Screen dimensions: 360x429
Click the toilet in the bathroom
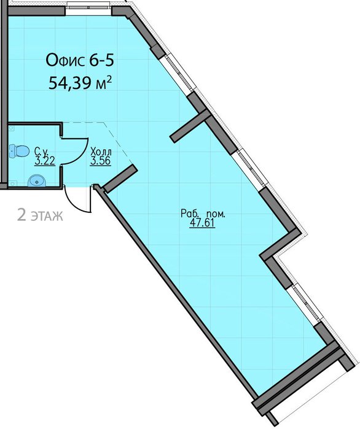[19, 151]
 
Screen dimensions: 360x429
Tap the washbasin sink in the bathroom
[37, 180]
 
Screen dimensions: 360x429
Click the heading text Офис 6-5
[80, 61]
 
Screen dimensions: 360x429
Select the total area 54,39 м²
[80, 82]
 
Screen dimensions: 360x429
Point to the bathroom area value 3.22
[45, 161]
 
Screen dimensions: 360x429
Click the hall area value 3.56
[101, 161]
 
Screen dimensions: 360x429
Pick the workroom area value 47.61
[203, 223]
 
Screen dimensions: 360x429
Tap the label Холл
[101, 152]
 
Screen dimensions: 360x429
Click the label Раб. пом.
[203, 214]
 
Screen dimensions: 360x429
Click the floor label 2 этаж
[40, 215]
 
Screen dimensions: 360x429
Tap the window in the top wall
[88, 6]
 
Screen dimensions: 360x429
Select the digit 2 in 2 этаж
[22, 215]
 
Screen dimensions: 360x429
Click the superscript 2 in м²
[109, 79]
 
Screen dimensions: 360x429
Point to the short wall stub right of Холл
[120, 179]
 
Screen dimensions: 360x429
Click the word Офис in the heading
[65, 61]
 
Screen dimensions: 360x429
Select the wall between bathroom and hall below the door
[62, 177]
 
